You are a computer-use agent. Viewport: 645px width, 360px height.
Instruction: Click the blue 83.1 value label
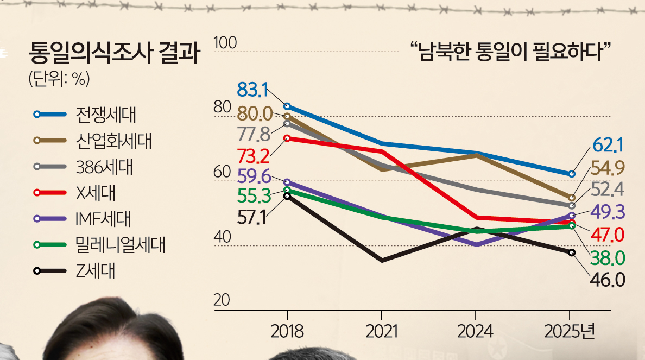coord(253,90)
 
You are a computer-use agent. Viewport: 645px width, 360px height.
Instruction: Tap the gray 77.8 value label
coord(254,134)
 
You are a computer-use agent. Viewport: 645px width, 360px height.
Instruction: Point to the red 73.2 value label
coord(254,156)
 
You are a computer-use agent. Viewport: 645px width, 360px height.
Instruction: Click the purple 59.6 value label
coord(254,176)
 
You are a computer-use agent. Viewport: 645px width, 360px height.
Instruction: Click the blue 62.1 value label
coord(608,145)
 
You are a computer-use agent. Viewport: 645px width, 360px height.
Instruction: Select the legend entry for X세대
coord(92,192)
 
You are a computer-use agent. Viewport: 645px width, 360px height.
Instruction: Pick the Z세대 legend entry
coord(92,270)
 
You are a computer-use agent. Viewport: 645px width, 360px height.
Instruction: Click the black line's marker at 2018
coord(287,196)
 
